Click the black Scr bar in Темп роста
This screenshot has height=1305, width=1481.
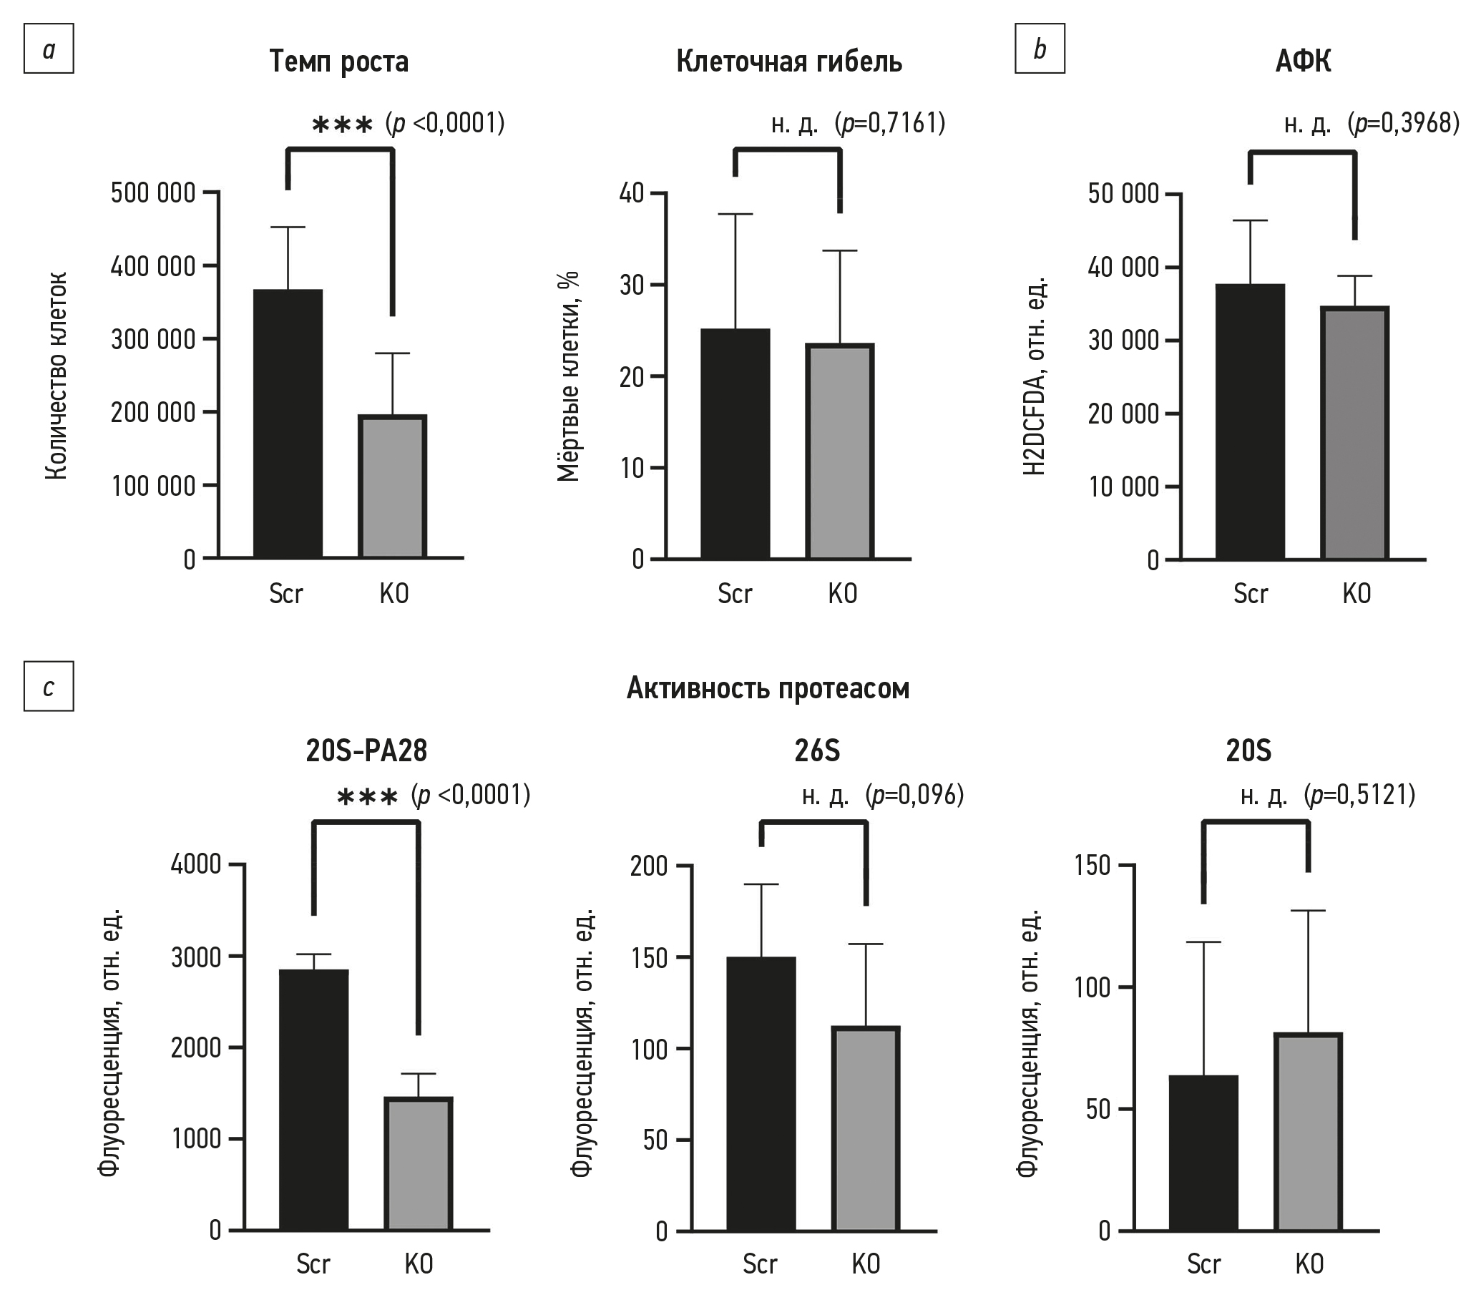(x=288, y=423)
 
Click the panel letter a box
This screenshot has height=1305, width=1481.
(x=49, y=49)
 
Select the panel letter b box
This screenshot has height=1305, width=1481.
(x=1040, y=49)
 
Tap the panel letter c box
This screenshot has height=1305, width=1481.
(x=49, y=686)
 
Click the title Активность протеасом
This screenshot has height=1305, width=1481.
(x=767, y=688)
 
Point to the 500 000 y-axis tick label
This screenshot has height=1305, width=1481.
(x=153, y=192)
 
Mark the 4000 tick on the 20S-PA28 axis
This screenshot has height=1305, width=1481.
(x=195, y=864)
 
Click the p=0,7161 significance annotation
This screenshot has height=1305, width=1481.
(x=890, y=123)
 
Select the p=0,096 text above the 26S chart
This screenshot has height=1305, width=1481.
(x=914, y=795)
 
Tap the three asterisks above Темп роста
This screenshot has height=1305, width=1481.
(x=342, y=125)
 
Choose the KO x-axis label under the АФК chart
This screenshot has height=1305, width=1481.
(x=1356, y=594)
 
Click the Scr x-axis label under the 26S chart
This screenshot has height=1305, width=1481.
(x=759, y=1264)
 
